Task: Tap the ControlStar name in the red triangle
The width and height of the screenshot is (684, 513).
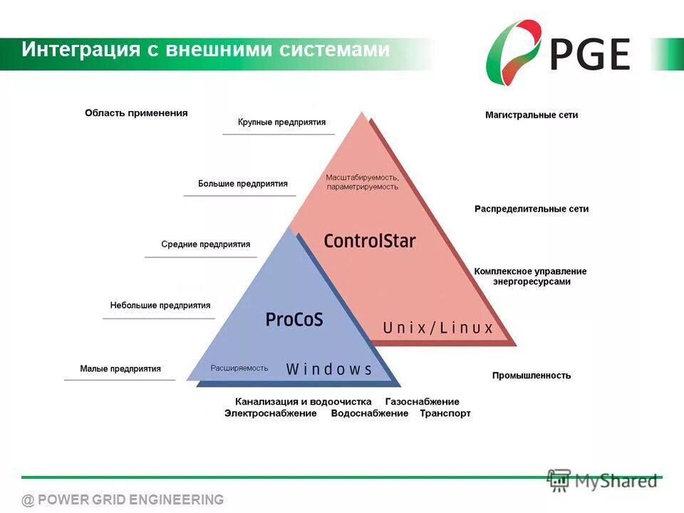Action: (369, 240)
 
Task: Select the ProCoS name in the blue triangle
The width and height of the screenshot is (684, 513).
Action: (294, 319)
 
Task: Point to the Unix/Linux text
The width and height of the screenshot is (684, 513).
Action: (438, 328)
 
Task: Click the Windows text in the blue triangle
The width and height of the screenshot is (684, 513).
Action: (329, 369)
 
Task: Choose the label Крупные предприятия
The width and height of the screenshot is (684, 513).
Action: (281, 123)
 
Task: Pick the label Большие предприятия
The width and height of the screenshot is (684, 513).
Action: (243, 184)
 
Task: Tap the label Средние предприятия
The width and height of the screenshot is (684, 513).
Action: (205, 244)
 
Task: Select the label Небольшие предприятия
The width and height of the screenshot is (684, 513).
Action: (160, 306)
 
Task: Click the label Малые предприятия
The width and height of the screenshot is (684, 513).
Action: (120, 369)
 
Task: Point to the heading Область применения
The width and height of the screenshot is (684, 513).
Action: (136, 113)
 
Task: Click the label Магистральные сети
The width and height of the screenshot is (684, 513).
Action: (532, 115)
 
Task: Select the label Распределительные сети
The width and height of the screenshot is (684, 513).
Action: (532, 209)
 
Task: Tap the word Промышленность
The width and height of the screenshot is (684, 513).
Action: (532, 375)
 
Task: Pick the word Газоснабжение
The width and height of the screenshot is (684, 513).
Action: (423, 402)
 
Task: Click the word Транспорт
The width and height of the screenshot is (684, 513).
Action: (445, 413)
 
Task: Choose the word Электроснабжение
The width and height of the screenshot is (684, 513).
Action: (271, 413)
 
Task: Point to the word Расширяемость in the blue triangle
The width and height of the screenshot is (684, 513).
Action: (239, 368)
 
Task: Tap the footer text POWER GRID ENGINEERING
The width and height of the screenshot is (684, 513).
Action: (130, 499)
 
